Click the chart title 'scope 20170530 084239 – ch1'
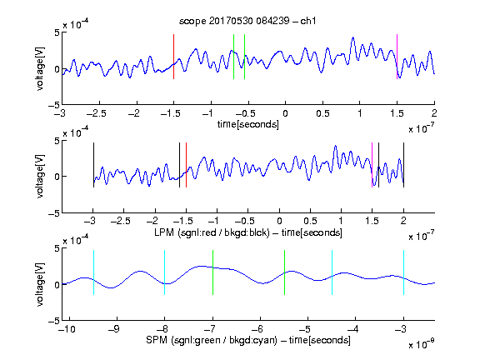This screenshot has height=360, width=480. click(x=247, y=21)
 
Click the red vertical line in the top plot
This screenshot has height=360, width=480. click(x=174, y=57)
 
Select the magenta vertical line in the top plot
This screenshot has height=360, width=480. click(x=397, y=57)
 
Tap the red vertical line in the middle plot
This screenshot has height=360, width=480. click(x=186, y=165)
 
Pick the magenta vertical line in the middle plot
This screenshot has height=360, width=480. click(x=372, y=165)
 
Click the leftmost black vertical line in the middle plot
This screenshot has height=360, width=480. click(x=93, y=165)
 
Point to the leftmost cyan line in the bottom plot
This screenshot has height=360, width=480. click(x=93, y=272)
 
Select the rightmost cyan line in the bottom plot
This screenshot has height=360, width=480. click(x=404, y=272)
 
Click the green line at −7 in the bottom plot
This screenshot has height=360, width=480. click(x=212, y=272)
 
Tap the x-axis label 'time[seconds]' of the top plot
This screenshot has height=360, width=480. click(x=248, y=124)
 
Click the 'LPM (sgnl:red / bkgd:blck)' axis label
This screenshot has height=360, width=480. click(x=212, y=232)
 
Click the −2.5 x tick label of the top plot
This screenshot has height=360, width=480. click(x=96, y=113)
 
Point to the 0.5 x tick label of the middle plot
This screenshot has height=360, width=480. click(x=310, y=221)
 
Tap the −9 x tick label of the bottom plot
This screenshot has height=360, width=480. click(x=114, y=329)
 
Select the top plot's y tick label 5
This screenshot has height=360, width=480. click(x=57, y=32)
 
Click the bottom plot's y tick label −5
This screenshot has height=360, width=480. click(x=54, y=321)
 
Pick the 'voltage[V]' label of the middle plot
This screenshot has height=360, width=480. click(x=40, y=176)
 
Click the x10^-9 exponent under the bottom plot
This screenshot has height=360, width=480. click(x=422, y=344)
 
